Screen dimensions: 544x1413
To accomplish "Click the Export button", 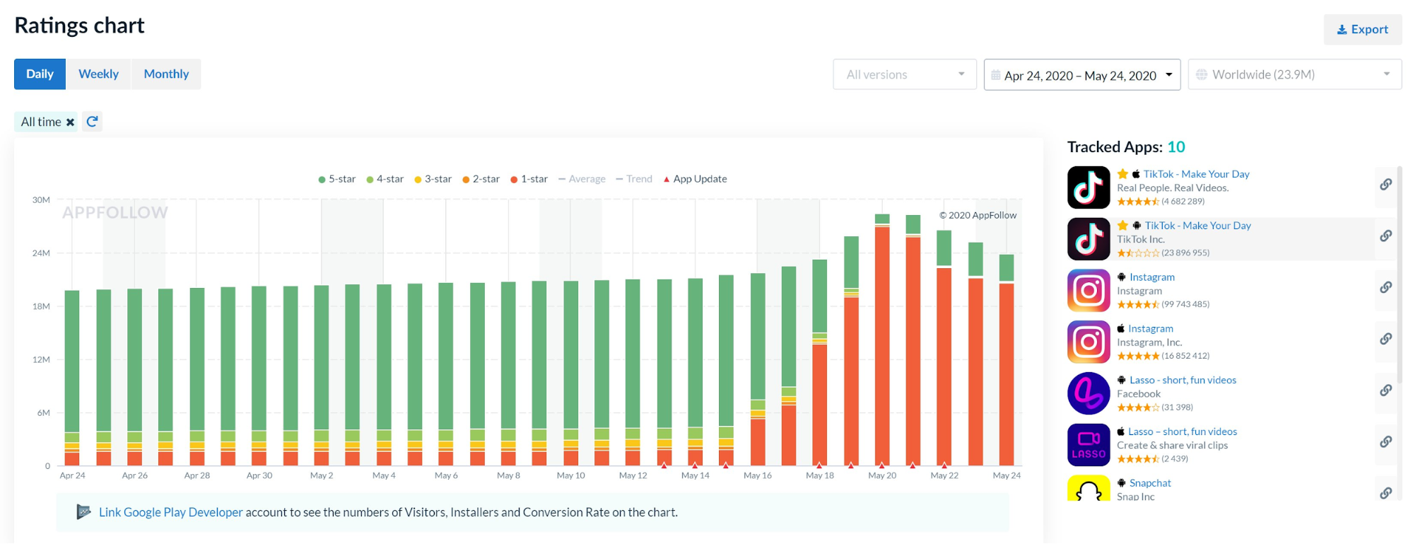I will [x=1362, y=30].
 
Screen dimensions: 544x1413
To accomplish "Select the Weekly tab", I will [x=98, y=74].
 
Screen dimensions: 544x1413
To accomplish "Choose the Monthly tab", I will [x=166, y=74].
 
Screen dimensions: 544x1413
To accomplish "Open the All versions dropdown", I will [x=904, y=74].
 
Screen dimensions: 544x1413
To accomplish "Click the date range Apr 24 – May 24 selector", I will [x=1081, y=75].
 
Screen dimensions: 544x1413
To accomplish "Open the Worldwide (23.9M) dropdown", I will [x=1294, y=74].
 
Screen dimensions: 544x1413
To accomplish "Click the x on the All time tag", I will [x=70, y=122].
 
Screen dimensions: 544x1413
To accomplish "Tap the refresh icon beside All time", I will [x=92, y=122].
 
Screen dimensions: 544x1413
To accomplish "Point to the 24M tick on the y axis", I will [x=41, y=253].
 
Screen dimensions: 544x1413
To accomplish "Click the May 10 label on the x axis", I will [x=570, y=475].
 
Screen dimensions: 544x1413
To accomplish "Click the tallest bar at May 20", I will [x=882, y=340].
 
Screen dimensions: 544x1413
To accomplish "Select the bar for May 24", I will [x=1006, y=368].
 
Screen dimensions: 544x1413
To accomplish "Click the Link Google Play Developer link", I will [x=170, y=512].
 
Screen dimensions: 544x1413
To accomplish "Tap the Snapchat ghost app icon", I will [x=1089, y=488].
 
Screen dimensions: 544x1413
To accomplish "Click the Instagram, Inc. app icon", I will [x=1089, y=342].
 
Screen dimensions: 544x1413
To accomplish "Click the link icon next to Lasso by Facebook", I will [x=1385, y=390].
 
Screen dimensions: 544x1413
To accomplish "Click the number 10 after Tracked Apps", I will [x=1175, y=147].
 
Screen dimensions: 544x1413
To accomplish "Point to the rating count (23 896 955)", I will [x=1185, y=253].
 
